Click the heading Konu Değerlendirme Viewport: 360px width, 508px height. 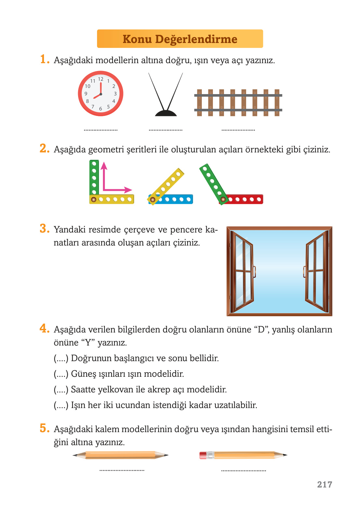tap(180, 39)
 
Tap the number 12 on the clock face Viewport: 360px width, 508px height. tap(101, 79)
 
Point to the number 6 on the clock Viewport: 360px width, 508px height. tap(101, 108)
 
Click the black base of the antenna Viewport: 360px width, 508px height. tap(166, 113)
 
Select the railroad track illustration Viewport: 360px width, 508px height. tap(238, 103)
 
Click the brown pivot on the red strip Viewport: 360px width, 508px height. tap(223, 199)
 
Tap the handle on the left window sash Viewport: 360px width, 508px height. tap(254, 272)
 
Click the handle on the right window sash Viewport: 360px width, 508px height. tap(304, 272)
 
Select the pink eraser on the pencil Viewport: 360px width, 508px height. tap(203, 455)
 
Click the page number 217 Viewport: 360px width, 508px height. tap(325, 485)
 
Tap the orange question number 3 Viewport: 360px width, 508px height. tap(44, 229)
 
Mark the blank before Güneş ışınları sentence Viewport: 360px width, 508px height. tap(61, 374)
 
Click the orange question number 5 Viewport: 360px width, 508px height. tap(44, 428)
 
